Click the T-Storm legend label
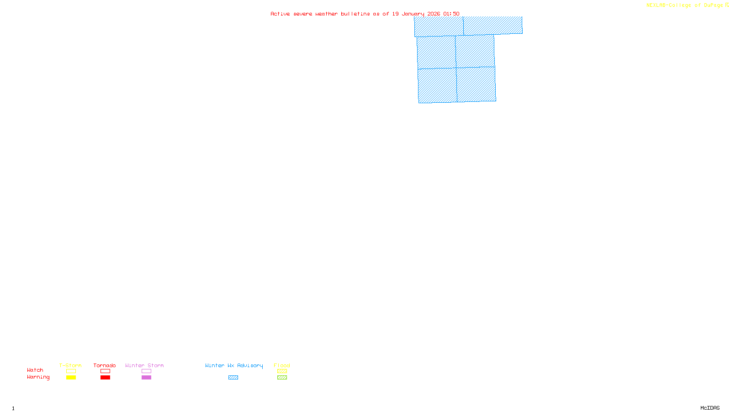(70, 365)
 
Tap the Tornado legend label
(105, 365)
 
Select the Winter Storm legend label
(144, 365)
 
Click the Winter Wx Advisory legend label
(234, 365)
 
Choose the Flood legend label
(282, 365)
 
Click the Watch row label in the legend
(35, 370)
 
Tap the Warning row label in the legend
(38, 377)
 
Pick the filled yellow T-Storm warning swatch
(71, 378)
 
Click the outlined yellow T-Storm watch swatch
(71, 371)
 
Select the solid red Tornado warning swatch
(106, 378)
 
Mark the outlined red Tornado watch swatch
(106, 371)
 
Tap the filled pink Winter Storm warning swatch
(146, 378)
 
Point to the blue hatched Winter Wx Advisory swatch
(233, 378)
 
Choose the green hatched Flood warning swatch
(282, 378)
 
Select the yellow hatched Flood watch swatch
(282, 371)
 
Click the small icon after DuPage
(727, 5)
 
